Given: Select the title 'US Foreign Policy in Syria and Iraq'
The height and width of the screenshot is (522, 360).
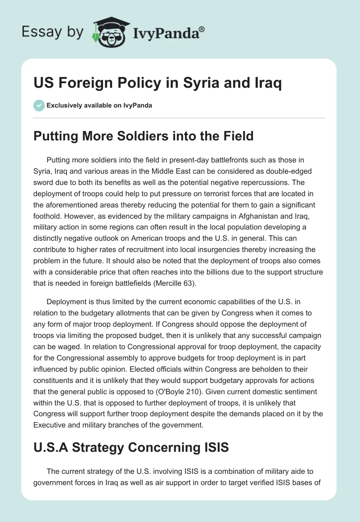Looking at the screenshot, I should click(x=157, y=84).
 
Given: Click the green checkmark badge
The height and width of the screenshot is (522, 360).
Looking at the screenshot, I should click(x=39, y=105).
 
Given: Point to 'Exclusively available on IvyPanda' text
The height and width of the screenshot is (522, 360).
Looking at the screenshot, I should click(x=99, y=106).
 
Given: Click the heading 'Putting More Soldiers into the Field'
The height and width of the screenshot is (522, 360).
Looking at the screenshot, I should click(x=143, y=136).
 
